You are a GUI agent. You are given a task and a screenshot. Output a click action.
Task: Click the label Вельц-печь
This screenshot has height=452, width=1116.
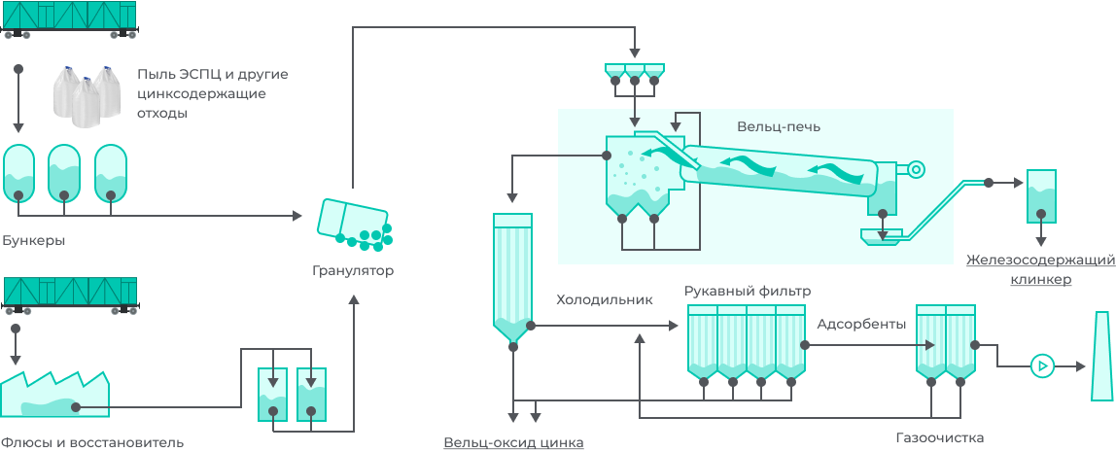(778, 126)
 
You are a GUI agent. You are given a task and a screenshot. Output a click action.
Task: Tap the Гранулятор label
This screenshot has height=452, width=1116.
(353, 270)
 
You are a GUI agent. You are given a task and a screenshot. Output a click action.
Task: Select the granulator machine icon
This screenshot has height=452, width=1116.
(353, 222)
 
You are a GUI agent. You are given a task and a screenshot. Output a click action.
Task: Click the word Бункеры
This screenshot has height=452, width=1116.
(34, 240)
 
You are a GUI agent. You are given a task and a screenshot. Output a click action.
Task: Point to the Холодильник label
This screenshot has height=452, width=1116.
(603, 299)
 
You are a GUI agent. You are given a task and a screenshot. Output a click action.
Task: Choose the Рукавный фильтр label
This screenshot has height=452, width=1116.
(747, 291)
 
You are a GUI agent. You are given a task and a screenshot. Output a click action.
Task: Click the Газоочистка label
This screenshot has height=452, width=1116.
(939, 437)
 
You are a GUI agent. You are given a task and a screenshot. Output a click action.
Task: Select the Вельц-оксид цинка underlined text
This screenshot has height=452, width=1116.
(513, 442)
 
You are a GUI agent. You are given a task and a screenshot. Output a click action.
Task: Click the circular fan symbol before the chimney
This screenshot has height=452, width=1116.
(1042, 366)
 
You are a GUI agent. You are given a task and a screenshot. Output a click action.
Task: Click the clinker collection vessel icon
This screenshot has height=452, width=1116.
(1041, 195)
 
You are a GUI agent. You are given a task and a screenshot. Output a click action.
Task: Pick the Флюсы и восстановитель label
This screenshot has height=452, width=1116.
(92, 442)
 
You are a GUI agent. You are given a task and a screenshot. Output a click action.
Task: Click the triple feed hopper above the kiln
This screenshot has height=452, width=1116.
(634, 72)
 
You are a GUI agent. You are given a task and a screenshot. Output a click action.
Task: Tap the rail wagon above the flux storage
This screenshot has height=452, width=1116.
(69, 294)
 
